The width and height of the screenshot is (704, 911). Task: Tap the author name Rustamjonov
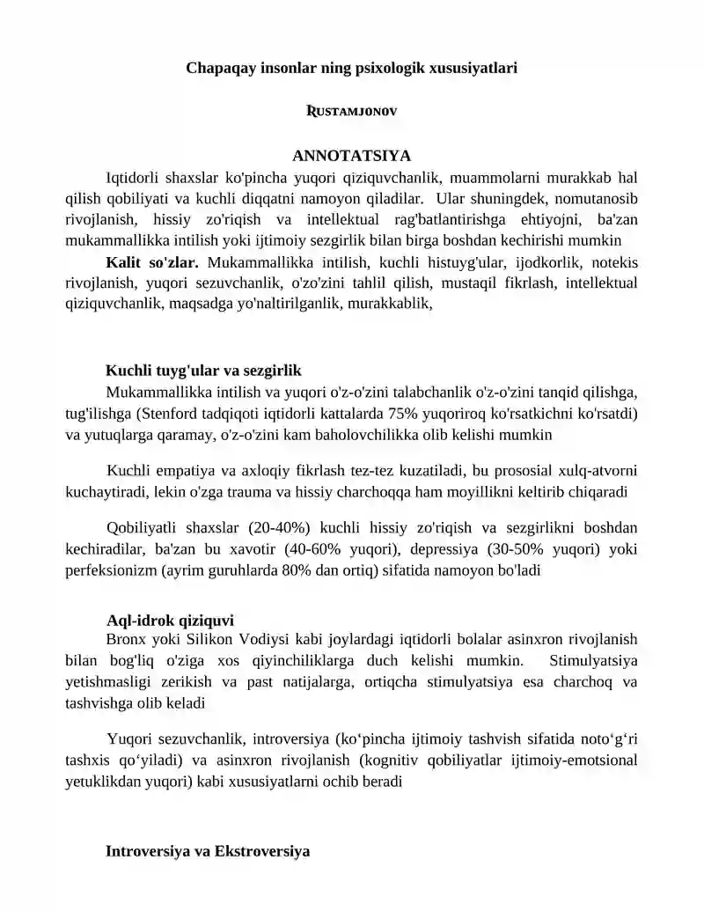[351, 112]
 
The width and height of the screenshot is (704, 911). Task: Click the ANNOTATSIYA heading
[351, 156]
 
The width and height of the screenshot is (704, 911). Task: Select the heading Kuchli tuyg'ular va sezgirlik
[204, 371]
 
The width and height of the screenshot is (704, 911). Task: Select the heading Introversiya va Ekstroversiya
[208, 851]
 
